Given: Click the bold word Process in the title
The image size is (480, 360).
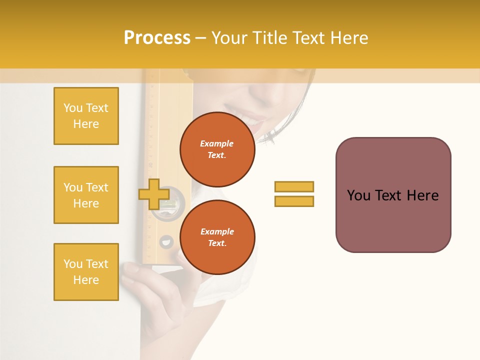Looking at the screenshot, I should click(x=157, y=38).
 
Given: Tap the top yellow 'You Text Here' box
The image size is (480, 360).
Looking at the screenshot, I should click(x=86, y=116).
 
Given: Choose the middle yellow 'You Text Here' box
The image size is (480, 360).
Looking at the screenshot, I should click(x=86, y=195).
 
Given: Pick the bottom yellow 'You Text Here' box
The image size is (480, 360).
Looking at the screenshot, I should click(x=86, y=272).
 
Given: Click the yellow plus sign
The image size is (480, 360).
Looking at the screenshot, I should click(x=153, y=194).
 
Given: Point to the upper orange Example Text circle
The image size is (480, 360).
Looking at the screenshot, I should click(x=217, y=149).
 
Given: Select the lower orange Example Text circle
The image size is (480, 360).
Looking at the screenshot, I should click(x=217, y=237).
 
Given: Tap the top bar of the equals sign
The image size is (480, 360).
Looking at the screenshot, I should click(x=294, y=186).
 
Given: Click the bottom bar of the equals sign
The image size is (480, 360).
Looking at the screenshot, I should click(x=294, y=201).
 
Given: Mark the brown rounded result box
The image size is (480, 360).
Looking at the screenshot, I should click(x=393, y=194).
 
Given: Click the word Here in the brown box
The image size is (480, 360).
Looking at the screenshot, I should click(x=422, y=195).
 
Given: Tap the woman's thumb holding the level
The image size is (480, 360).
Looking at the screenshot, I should click(x=131, y=268).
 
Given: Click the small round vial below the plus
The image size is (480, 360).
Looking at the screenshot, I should click(x=166, y=242).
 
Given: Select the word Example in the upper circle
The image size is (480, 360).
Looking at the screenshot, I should click(x=217, y=143).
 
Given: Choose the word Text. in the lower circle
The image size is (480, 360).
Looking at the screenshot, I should click(x=217, y=243).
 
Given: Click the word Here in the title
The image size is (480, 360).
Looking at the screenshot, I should click(x=349, y=38).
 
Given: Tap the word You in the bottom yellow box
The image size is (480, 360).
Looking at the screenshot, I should click(x=73, y=264).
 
